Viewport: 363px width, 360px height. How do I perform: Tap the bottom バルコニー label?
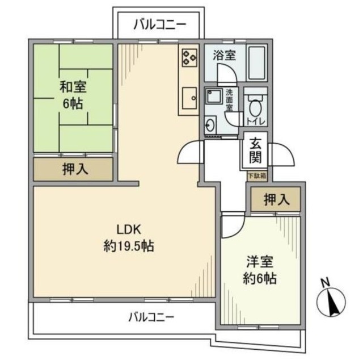pos(151,317)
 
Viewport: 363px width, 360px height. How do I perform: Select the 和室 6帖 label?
pos(74,95)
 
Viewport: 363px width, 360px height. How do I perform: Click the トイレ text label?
pos(255,120)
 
